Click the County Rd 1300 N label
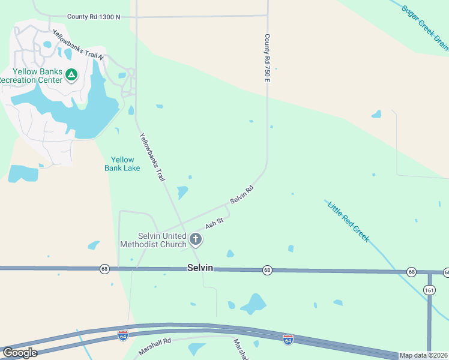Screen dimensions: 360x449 pos(94,17)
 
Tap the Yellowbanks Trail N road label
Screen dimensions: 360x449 pos(78,45)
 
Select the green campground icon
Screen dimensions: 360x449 pos(71,75)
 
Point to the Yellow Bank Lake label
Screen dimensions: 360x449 pos(123,164)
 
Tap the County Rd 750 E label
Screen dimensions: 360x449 pos(268,58)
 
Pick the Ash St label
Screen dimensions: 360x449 pos(214,224)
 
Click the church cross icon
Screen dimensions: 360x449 pos(195,240)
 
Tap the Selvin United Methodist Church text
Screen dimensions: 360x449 pos(155,240)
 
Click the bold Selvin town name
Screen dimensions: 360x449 pos(200,268)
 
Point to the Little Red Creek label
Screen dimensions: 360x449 pos(348,222)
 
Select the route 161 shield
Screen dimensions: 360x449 pos(429,290)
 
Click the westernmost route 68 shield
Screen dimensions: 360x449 pos(105,269)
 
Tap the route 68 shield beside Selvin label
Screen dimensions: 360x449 pos(267,271)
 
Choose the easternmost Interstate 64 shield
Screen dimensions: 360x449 pos(288,340)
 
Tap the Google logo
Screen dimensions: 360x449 pos(20,353)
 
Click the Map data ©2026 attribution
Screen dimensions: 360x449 pos(424,355)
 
